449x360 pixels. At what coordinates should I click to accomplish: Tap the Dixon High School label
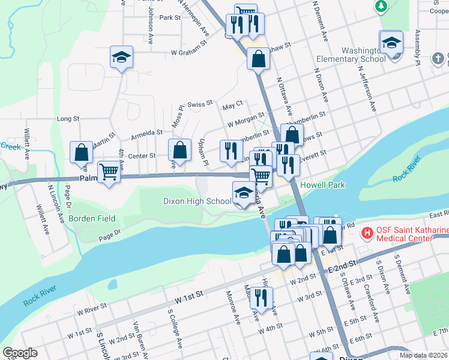coord(197,201)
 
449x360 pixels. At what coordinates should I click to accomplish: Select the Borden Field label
coord(91,218)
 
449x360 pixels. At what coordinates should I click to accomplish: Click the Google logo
coord(20,353)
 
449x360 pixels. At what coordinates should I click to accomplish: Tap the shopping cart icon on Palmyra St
coord(109,173)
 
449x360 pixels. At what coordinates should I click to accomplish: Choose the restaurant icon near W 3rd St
coord(261,298)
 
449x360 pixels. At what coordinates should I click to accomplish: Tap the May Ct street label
coord(232,106)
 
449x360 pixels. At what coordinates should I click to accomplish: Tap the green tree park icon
coord(380,6)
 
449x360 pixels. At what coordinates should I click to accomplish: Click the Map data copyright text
coord(423,355)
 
